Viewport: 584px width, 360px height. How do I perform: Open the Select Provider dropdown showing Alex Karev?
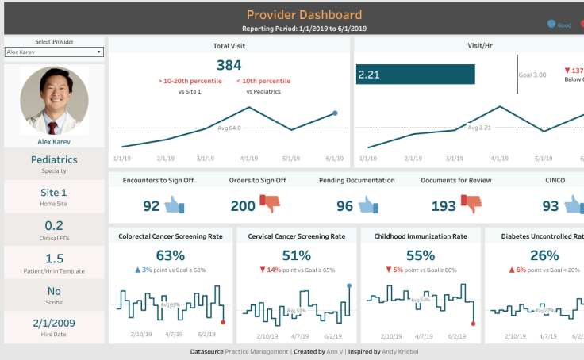pos(54,52)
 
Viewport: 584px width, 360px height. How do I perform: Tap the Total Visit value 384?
pos(229,64)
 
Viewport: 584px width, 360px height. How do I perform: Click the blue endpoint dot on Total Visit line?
pos(335,113)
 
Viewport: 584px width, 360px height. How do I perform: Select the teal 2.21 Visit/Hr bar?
pos(415,75)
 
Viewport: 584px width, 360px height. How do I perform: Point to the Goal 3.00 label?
pos(532,75)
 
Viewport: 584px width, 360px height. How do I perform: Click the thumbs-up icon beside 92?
pos(175,206)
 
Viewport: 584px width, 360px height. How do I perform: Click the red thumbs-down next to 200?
pos(271,205)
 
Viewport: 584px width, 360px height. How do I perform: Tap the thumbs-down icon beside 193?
pos(471,205)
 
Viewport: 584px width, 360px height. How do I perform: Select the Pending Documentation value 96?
pos(344,206)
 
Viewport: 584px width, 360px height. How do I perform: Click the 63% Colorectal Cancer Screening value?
pos(170,255)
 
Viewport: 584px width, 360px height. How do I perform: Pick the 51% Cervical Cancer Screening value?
pos(296,255)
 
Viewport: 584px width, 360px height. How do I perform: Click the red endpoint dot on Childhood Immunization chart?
pos(473,323)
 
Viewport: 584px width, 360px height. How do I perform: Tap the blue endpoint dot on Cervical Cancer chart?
pos(348,285)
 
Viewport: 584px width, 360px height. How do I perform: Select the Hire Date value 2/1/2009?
pos(54,324)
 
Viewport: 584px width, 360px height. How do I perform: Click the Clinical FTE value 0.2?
pos(54,225)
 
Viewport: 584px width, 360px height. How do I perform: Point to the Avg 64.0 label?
pos(229,127)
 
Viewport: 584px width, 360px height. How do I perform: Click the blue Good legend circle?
pos(551,25)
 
